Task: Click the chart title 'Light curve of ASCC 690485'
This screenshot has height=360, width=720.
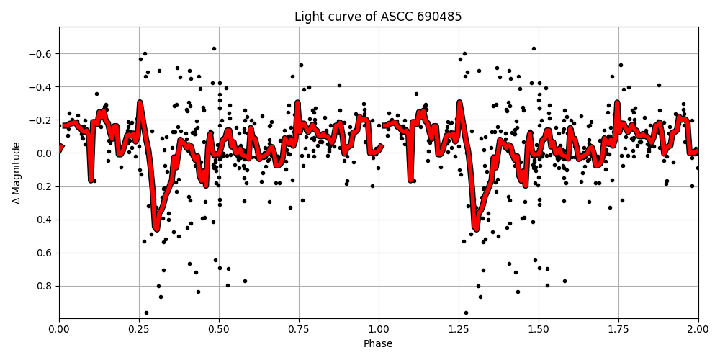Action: (378, 17)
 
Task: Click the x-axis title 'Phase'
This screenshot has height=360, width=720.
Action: (378, 344)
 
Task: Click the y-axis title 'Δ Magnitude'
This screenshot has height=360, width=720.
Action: (17, 173)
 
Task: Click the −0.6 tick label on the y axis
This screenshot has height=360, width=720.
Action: (42, 54)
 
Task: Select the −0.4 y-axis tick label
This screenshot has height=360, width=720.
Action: (42, 87)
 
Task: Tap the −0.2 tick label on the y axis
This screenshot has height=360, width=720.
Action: (42, 120)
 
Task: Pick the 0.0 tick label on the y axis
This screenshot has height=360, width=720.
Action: (45, 153)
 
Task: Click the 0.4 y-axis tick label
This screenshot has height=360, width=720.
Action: (45, 220)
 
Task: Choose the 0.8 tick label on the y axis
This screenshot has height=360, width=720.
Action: (45, 286)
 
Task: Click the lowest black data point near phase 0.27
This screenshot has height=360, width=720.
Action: (146, 312)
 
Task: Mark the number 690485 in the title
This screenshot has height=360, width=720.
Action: (440, 17)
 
